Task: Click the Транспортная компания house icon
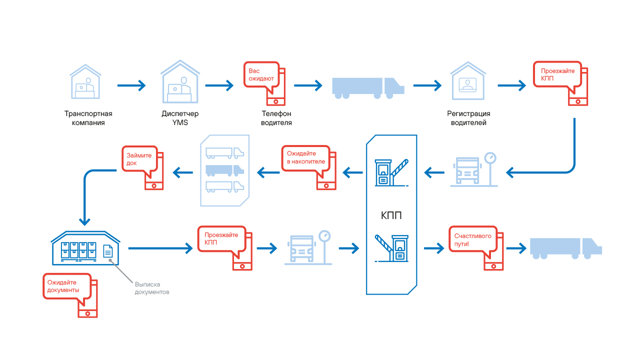coord(85,82)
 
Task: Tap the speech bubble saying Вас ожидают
coord(261,75)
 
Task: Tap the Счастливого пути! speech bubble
coord(472,239)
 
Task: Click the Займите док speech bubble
coord(139,159)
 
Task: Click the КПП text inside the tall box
coord(391,216)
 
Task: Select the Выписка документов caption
coord(152,288)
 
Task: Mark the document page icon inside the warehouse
coord(108,250)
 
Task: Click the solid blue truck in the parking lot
coord(224,170)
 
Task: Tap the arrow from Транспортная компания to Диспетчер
coord(131,86)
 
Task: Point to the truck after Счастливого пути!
coord(565,248)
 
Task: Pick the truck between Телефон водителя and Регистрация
coord(368,86)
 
